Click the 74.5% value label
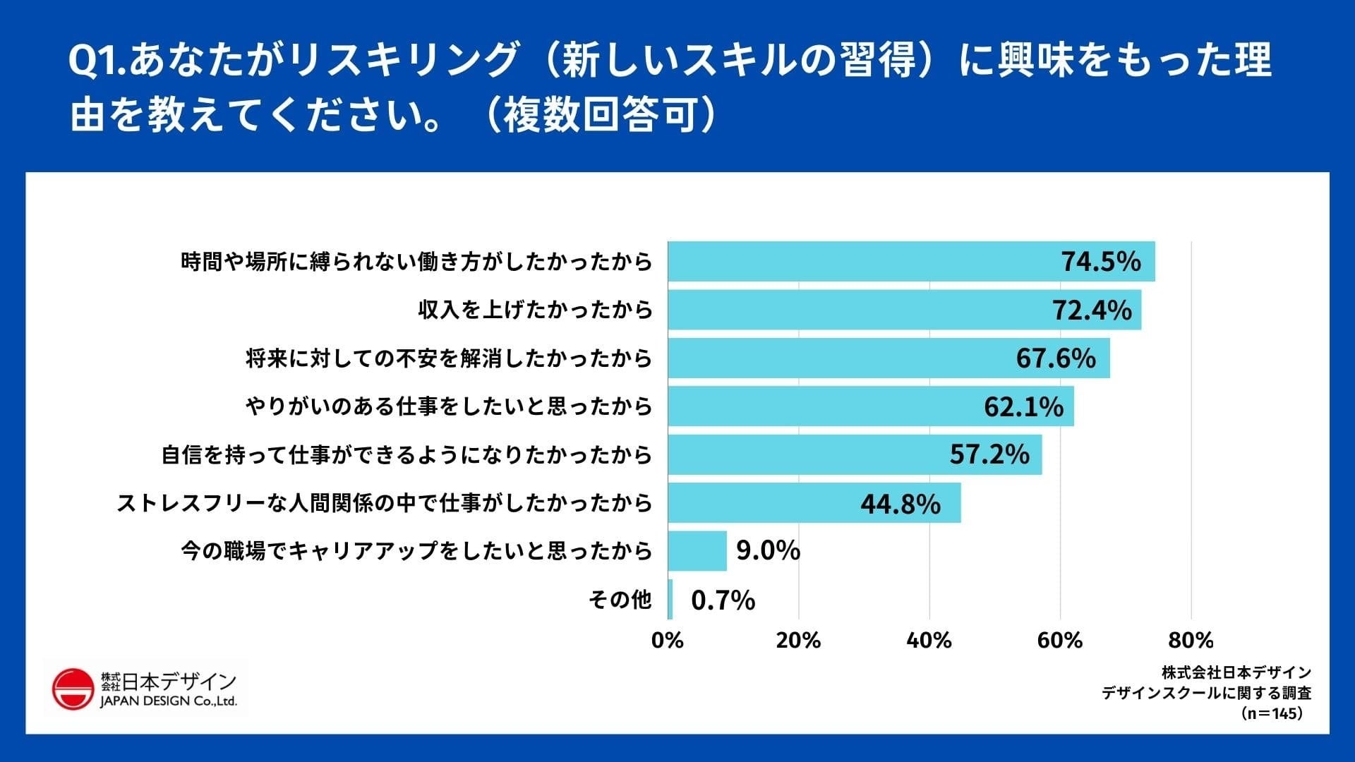pos(1101,262)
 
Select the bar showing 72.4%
pos(903,310)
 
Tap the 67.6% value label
pos(1056,358)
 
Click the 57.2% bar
pos(854,454)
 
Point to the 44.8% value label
pos(901,504)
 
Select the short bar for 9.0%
pos(697,551)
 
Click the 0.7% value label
pos(723,600)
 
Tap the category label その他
pos(620,600)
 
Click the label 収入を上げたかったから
pos(535,310)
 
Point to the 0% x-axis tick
pos(668,640)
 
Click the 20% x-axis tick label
pos(798,640)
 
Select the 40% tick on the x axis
pos(929,640)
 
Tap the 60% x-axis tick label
pos(1060,640)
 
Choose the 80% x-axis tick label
pos(1191,640)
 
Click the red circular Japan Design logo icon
pos(73,689)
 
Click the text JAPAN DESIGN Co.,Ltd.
pos(169,701)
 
